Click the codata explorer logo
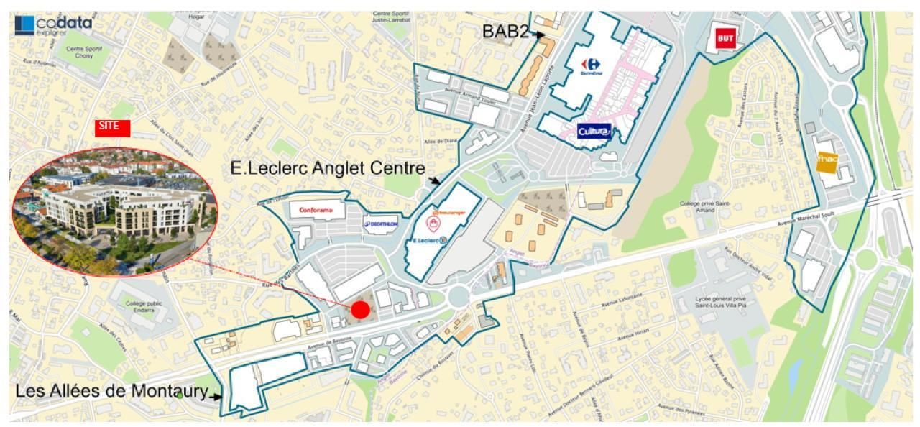click(x=53, y=25)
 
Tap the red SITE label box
click(x=113, y=127)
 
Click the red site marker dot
click(x=360, y=310)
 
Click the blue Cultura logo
click(x=594, y=131)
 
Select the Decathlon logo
click(x=382, y=224)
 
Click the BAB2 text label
click(x=507, y=32)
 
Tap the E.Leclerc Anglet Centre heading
click(x=327, y=168)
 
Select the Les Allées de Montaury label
click(x=111, y=392)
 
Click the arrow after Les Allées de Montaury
click(x=216, y=395)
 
